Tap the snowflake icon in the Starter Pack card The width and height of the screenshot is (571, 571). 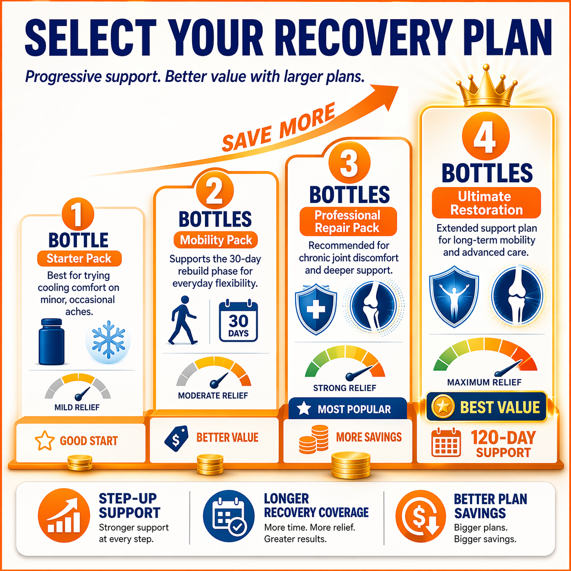tap(108, 340)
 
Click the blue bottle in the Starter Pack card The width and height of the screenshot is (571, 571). tap(51, 342)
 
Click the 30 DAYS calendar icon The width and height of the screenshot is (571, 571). tap(238, 321)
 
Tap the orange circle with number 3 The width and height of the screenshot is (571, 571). tap(349, 163)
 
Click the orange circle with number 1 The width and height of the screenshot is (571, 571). tap(78, 214)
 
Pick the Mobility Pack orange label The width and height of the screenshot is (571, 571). tap(215, 240)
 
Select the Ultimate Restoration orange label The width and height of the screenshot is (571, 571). tap(486, 203)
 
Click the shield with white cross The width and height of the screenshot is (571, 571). tap(316, 309)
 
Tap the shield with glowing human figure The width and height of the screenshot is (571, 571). tap(454, 296)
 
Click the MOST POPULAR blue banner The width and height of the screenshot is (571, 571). tap(347, 409)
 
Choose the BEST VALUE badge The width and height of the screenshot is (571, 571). tap(486, 407)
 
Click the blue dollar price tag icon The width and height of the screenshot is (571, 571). tap(176, 438)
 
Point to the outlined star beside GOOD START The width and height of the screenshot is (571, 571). tap(45, 441)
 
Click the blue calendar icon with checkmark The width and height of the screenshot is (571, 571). tap(229, 515)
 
